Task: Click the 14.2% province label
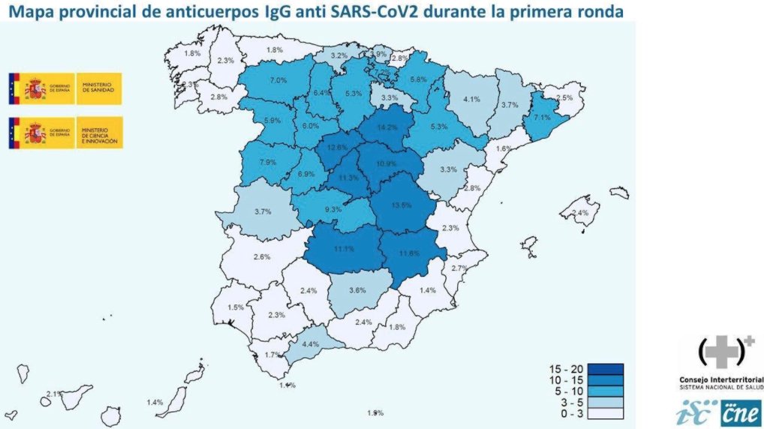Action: [387, 127]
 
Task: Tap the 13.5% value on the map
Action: [402, 205]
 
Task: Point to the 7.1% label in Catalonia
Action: [542, 118]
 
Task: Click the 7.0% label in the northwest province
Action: [278, 80]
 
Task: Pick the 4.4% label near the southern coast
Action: [310, 344]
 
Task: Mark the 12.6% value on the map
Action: [336, 148]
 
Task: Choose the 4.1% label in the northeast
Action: [471, 100]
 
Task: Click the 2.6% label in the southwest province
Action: [262, 258]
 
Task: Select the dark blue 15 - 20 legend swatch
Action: [606, 369]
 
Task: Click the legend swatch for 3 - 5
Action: [606, 401]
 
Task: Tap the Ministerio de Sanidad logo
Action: [65, 89]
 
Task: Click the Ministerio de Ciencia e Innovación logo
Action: [65, 133]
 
